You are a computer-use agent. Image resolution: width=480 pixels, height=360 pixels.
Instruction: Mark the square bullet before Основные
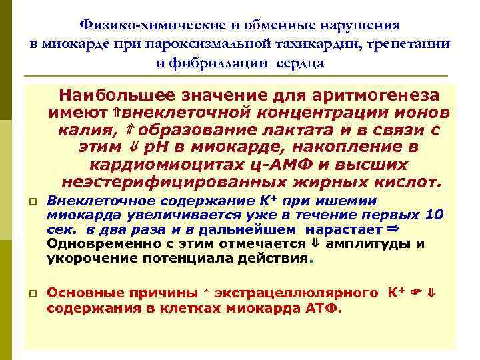tap(33, 293)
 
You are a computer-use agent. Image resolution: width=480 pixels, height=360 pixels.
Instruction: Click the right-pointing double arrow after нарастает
tap(392, 229)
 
